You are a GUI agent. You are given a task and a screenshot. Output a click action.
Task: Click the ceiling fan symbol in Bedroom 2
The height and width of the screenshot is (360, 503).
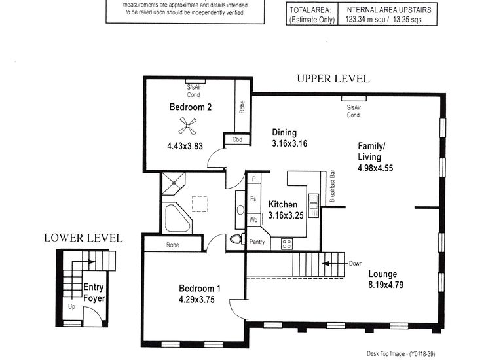coord(188,126)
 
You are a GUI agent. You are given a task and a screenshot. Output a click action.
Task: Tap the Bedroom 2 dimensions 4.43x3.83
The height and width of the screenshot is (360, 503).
coord(185,146)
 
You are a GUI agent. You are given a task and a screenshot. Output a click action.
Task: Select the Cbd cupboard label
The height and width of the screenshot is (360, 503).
coord(237,139)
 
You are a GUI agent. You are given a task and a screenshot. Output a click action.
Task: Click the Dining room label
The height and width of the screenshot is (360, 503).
coord(284,132)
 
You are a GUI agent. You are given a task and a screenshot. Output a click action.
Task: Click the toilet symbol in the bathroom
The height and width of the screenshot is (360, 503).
coord(236,239)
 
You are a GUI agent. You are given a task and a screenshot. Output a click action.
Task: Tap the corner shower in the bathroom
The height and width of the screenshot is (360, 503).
coord(174,183)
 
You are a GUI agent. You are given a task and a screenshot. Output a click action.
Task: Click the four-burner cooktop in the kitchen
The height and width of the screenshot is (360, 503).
coord(286,244)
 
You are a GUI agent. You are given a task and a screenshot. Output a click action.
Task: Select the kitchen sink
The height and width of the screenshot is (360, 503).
coord(314,205)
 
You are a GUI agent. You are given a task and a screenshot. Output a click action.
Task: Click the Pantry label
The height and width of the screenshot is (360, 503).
coord(257,242)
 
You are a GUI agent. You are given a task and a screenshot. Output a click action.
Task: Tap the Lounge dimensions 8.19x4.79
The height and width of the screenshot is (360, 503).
coord(386,285)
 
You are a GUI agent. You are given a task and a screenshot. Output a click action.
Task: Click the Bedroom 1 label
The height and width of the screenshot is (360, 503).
coord(200,289)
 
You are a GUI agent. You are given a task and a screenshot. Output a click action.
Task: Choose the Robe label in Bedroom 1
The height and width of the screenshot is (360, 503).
coord(173,245)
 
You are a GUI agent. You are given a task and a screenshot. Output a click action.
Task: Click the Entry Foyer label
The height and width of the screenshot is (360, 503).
coord(94,293)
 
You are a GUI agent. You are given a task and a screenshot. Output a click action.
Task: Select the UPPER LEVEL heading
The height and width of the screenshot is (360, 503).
coord(333,79)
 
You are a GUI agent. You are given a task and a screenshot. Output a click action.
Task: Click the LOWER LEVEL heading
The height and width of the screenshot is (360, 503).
coord(83,238)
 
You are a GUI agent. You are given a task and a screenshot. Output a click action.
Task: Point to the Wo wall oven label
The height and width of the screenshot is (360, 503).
coord(253,220)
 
